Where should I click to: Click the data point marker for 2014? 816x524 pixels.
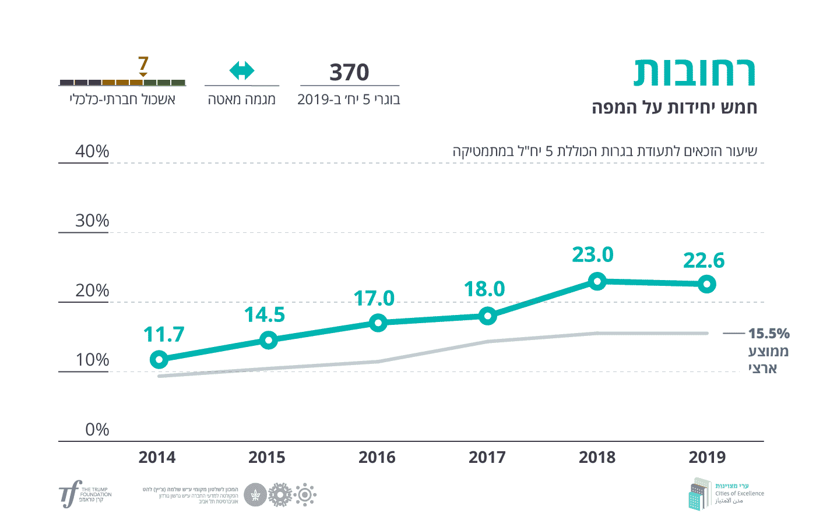[159, 360]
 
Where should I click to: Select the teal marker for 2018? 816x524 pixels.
[597, 282]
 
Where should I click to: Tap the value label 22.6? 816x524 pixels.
[704, 260]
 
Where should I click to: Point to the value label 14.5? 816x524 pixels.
[265, 315]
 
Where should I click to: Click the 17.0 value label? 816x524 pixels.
[374, 299]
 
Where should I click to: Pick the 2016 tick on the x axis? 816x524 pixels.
[377, 458]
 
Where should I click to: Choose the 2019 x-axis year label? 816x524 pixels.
[707, 458]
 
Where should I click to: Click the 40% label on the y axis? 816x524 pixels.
[92, 151]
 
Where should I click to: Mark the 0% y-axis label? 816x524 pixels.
[97, 430]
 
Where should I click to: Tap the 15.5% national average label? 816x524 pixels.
[769, 334]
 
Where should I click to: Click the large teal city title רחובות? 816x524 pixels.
[694, 73]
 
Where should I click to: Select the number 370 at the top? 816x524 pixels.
[349, 73]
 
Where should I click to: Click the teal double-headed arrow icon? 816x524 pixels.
[242, 71]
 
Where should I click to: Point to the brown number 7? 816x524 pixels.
[143, 63]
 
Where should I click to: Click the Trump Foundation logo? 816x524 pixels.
[85, 495]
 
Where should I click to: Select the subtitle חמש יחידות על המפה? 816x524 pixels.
[674, 108]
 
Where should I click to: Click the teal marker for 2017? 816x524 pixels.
[487, 316]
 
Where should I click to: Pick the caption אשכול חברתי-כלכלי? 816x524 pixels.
[122, 100]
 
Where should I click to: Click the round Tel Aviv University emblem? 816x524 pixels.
[255, 495]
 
